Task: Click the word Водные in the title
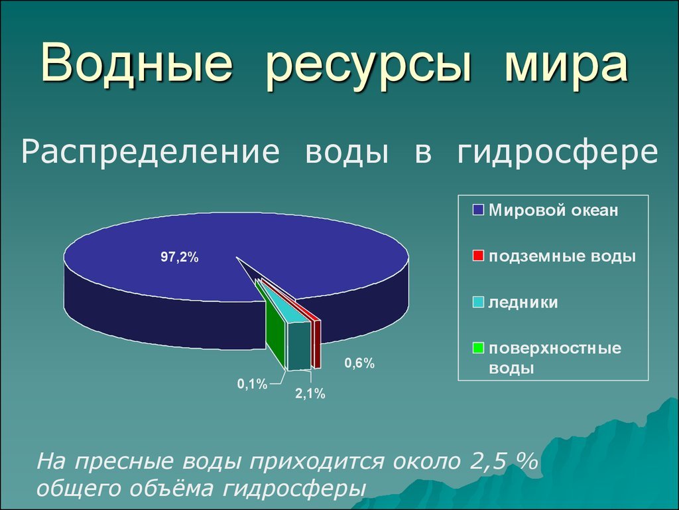pos(137,64)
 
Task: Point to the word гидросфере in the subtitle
pos(557,152)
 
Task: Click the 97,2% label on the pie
pos(179,257)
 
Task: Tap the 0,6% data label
pos(359,363)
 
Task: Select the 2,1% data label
pos(310,394)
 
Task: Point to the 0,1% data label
pos(253,384)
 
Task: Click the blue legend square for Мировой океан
pos(478,211)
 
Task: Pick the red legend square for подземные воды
pos(478,256)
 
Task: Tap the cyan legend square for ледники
pos(478,302)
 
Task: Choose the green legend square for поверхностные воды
pos(478,348)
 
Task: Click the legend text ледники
pos(523,302)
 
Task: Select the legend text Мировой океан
pos(554,211)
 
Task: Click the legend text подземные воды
pos(562,256)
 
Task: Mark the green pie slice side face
pos(275,326)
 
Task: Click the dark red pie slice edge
pos(318,345)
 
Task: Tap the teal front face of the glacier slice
pos(299,346)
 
